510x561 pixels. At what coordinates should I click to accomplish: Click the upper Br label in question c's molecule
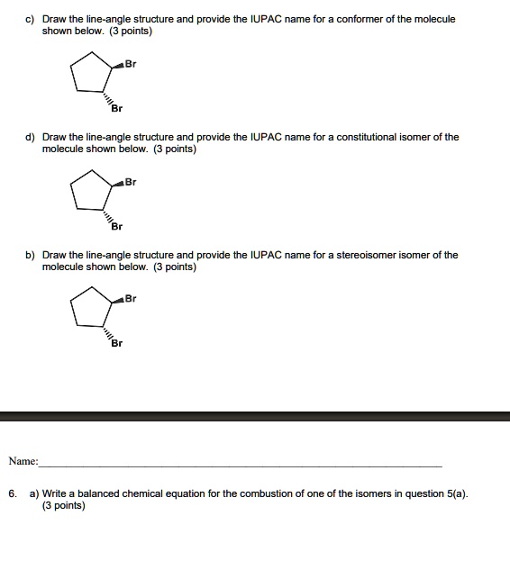[x=131, y=64]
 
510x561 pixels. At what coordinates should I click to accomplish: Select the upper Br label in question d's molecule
[x=131, y=182]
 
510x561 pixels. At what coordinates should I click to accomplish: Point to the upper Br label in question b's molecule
[x=131, y=299]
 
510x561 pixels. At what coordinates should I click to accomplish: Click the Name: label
[x=23, y=461]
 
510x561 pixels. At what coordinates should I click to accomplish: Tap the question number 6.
[x=13, y=494]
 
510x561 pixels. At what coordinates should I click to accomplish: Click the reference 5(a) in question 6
[x=456, y=494]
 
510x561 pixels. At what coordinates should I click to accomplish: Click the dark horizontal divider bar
[x=255, y=416]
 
